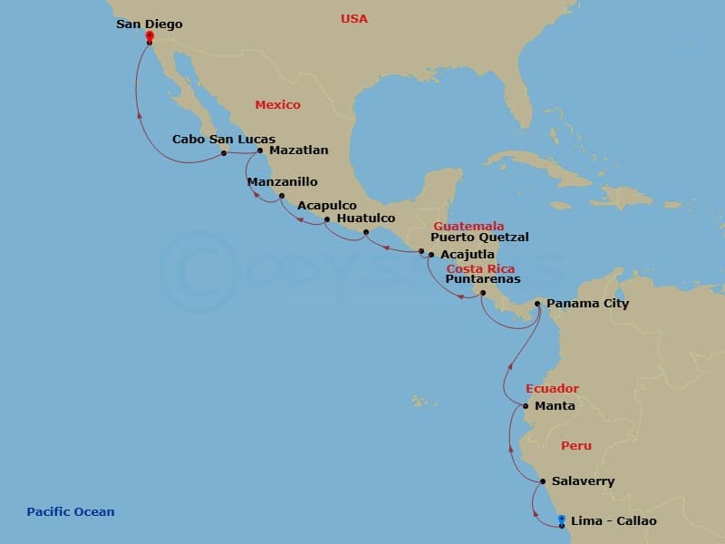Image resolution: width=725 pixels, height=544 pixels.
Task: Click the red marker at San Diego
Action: click(x=150, y=37)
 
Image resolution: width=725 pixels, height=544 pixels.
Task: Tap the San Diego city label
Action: click(x=150, y=24)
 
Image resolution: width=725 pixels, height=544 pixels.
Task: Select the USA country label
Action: click(x=354, y=18)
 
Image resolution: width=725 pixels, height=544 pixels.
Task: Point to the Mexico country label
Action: click(x=277, y=105)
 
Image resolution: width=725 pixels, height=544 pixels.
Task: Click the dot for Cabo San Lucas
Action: click(x=224, y=153)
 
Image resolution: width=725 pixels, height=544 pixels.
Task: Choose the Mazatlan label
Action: click(x=298, y=150)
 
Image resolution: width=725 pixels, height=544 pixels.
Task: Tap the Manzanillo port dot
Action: click(x=282, y=196)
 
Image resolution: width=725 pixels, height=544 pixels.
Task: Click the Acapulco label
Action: click(x=327, y=206)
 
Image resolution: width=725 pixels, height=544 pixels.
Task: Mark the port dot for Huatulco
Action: click(x=366, y=232)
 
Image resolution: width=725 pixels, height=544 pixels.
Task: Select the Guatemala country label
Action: click(x=469, y=226)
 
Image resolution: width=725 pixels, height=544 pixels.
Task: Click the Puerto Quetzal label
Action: click(x=479, y=238)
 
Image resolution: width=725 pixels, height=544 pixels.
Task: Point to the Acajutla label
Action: click(x=469, y=255)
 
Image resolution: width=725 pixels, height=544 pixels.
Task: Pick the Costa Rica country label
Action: click(x=480, y=269)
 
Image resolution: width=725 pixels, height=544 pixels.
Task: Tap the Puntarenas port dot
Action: click(x=482, y=292)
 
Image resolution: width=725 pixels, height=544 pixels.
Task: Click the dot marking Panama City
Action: click(x=537, y=304)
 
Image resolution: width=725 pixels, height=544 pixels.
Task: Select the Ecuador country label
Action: click(x=552, y=389)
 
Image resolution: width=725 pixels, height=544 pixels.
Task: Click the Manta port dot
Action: click(x=526, y=405)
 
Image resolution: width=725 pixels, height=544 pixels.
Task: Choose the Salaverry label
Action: click(x=583, y=481)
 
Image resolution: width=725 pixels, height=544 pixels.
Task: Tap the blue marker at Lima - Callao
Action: click(x=562, y=520)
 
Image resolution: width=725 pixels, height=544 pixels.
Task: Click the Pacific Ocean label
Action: click(x=71, y=512)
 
